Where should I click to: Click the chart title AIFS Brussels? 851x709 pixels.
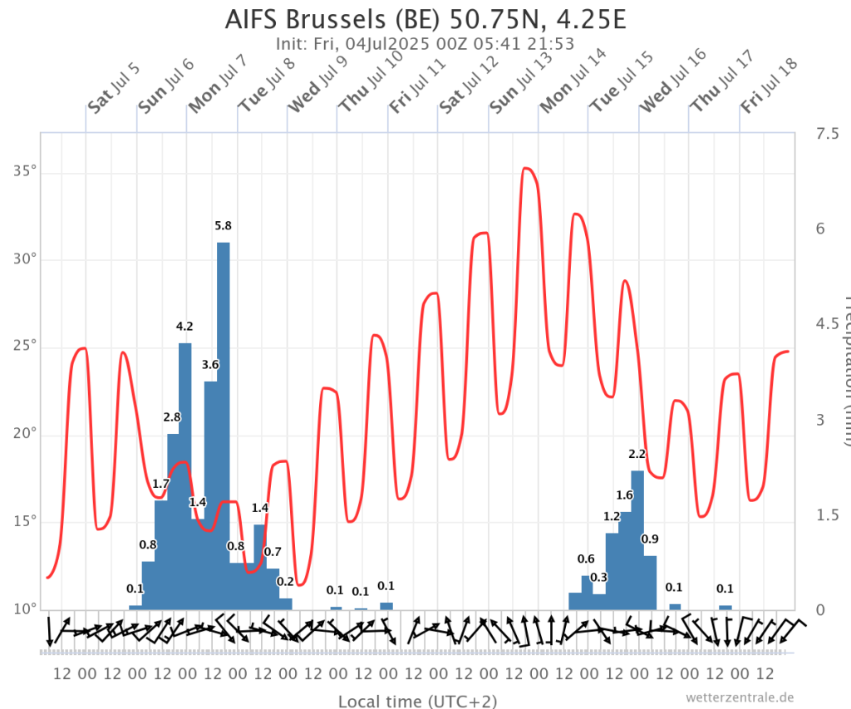425,19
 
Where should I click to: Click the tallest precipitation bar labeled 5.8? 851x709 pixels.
223,424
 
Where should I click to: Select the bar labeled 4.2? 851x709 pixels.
184,474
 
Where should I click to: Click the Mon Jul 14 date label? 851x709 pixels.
573,81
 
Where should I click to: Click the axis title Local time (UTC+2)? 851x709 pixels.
417,701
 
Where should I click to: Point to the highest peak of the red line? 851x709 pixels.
527,169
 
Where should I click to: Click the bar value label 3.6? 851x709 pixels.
210,365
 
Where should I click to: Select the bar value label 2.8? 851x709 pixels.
172,417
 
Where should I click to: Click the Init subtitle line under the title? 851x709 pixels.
425,44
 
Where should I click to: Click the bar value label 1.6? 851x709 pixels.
624,495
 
